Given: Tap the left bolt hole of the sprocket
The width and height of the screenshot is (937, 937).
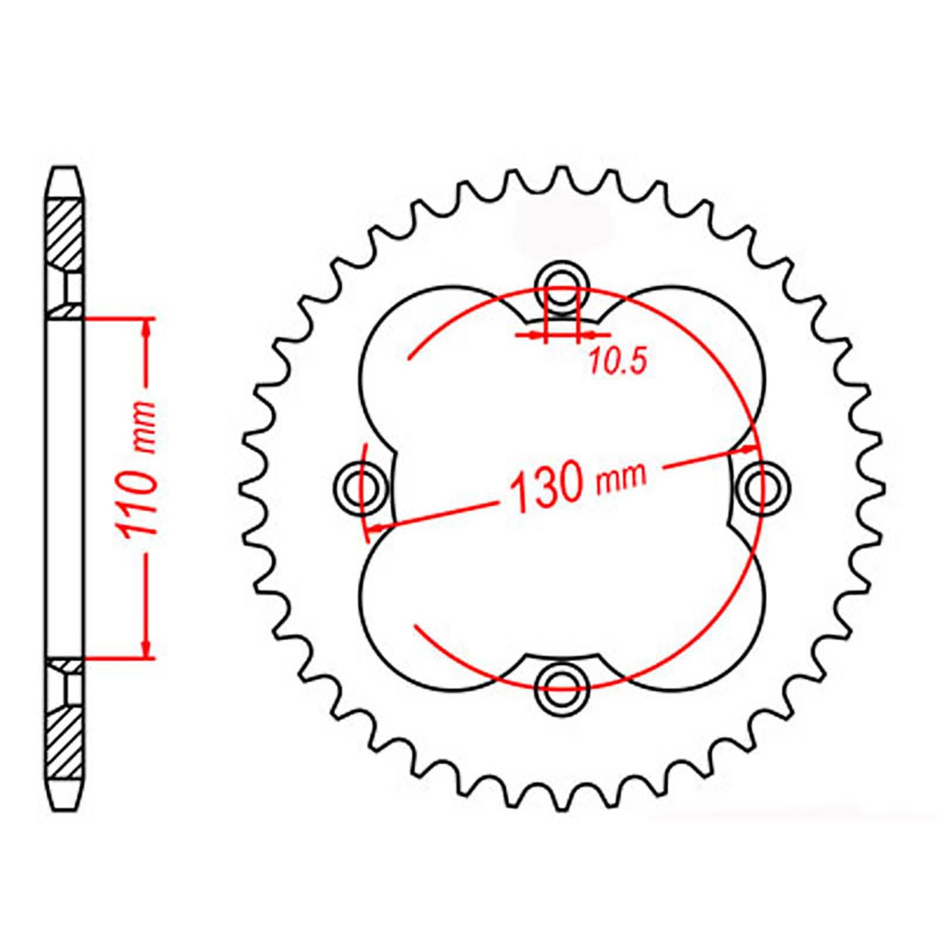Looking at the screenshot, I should [359, 486].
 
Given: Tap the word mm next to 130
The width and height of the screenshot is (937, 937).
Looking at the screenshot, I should [622, 476].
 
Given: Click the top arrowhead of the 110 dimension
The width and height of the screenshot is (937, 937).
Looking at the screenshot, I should [147, 328].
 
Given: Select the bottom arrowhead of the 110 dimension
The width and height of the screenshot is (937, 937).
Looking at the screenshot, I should [147, 649].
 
